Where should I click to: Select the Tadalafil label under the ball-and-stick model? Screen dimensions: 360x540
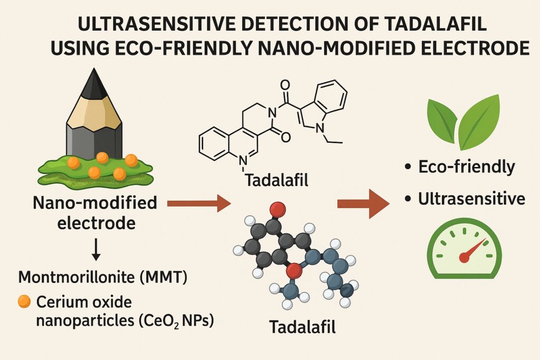point(302,327)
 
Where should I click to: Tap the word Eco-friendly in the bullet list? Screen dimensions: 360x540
point(466,167)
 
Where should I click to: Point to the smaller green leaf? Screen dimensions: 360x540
point(441,120)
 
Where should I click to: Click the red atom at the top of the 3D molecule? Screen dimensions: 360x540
point(276,210)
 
